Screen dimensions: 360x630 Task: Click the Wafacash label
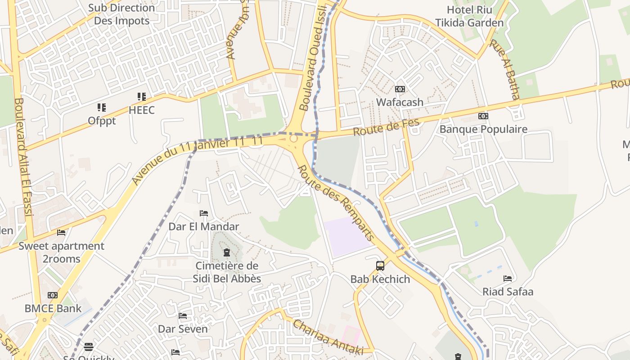(x=400, y=102)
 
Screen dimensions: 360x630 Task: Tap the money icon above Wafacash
(x=400, y=89)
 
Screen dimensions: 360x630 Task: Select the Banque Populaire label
(x=483, y=129)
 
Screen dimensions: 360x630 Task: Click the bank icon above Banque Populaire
(x=483, y=116)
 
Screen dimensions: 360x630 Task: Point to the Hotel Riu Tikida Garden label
(x=469, y=16)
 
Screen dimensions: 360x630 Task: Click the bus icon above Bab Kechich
(x=380, y=266)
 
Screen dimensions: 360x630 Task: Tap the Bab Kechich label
(x=380, y=279)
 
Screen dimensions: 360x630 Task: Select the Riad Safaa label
(x=508, y=292)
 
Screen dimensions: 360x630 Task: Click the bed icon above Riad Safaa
(x=508, y=279)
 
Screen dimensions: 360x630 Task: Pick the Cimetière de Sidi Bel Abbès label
(x=227, y=272)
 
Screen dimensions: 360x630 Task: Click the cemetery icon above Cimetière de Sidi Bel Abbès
(x=227, y=252)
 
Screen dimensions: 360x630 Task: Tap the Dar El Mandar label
(x=203, y=226)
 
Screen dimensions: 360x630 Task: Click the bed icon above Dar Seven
(x=183, y=316)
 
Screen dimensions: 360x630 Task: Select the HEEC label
(x=141, y=110)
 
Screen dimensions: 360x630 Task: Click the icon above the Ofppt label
(x=102, y=108)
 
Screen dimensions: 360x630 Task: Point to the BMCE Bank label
(x=53, y=309)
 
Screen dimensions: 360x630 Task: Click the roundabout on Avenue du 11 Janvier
(x=294, y=139)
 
